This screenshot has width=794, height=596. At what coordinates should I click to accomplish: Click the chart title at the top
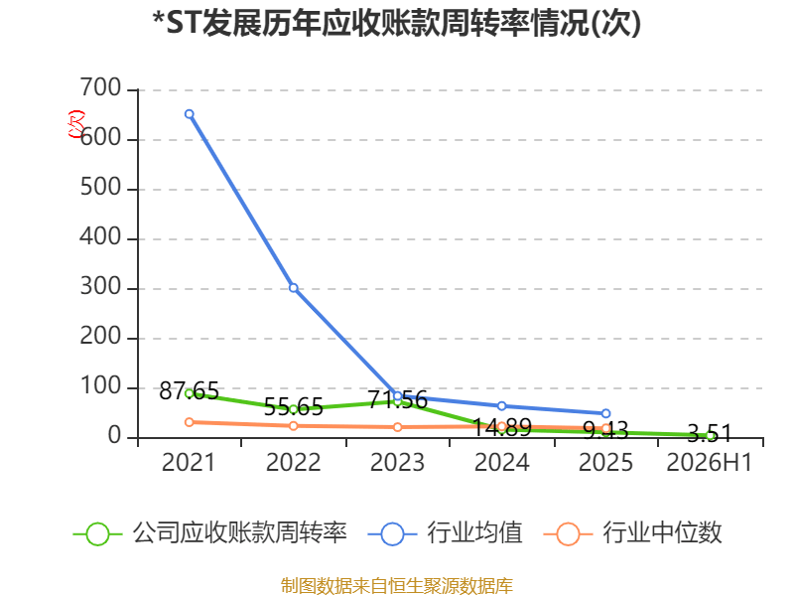coord(397,23)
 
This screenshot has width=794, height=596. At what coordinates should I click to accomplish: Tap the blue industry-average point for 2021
coord(190,114)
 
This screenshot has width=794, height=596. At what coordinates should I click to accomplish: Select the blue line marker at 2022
coord(293,288)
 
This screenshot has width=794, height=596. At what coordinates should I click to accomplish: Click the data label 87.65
coord(189,390)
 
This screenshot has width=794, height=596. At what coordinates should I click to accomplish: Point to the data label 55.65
coord(294,406)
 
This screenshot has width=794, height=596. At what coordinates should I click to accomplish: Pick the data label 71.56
coord(398,400)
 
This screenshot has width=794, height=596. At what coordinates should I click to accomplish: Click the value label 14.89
coord(502,427)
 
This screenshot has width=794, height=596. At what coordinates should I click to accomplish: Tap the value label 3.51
coord(710,434)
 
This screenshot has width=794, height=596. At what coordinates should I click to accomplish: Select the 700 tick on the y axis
coord(100,88)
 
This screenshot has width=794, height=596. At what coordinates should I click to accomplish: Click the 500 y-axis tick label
coord(100,188)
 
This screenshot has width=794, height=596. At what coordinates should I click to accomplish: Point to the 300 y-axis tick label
coord(100,287)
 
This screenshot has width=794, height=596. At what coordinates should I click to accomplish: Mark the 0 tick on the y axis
coord(114,436)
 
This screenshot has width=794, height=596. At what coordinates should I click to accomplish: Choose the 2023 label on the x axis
coord(398,462)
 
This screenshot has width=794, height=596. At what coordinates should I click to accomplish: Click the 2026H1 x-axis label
coord(710,462)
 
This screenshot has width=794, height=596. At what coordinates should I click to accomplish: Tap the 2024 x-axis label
coord(502,462)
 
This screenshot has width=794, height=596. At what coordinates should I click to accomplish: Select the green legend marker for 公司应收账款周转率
coord(97,534)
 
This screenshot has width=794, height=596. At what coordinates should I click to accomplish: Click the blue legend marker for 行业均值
coord(392,534)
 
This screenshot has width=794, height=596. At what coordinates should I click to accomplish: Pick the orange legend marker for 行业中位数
coord(568,534)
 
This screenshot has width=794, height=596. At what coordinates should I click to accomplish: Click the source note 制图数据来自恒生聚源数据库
coord(397,586)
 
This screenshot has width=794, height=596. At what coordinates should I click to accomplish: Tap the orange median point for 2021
coord(190,422)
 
